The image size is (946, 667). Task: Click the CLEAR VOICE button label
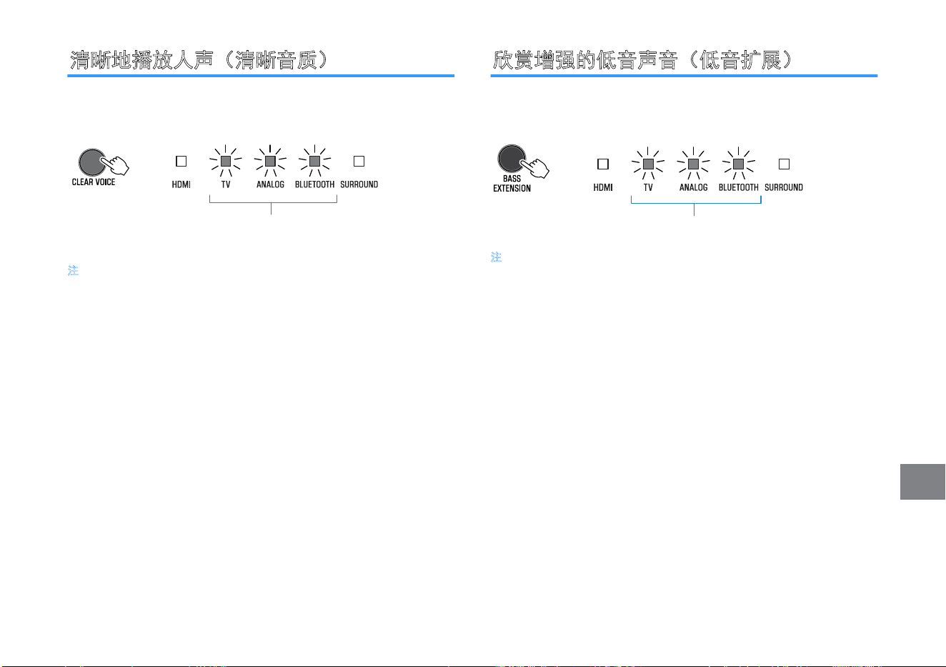(x=94, y=182)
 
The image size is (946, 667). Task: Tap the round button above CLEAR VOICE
(x=92, y=162)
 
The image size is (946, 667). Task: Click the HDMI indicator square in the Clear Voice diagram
(x=181, y=161)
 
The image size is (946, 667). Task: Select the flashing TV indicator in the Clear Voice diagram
(x=226, y=161)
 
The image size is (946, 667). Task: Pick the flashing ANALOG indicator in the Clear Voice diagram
(x=270, y=161)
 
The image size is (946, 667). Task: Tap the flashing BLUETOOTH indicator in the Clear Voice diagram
(x=314, y=161)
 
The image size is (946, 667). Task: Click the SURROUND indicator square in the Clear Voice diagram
(x=359, y=161)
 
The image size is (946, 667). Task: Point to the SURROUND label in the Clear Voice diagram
(x=359, y=184)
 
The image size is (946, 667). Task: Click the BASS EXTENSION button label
(x=512, y=184)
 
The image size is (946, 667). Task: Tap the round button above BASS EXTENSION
(x=512, y=159)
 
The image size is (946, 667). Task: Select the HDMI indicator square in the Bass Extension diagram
(x=603, y=164)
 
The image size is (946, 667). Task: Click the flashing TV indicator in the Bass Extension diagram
(x=648, y=164)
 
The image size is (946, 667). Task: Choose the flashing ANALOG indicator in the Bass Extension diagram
(x=694, y=164)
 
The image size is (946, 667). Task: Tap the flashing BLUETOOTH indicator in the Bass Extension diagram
(x=739, y=164)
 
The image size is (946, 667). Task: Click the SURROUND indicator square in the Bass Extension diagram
(x=785, y=164)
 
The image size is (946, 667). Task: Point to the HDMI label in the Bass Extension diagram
(x=603, y=188)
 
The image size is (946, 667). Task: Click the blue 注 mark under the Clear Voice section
(x=73, y=270)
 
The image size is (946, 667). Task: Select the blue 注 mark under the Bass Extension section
(x=497, y=257)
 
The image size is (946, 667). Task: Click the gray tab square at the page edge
(x=922, y=482)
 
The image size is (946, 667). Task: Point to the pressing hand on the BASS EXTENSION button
(x=535, y=168)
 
